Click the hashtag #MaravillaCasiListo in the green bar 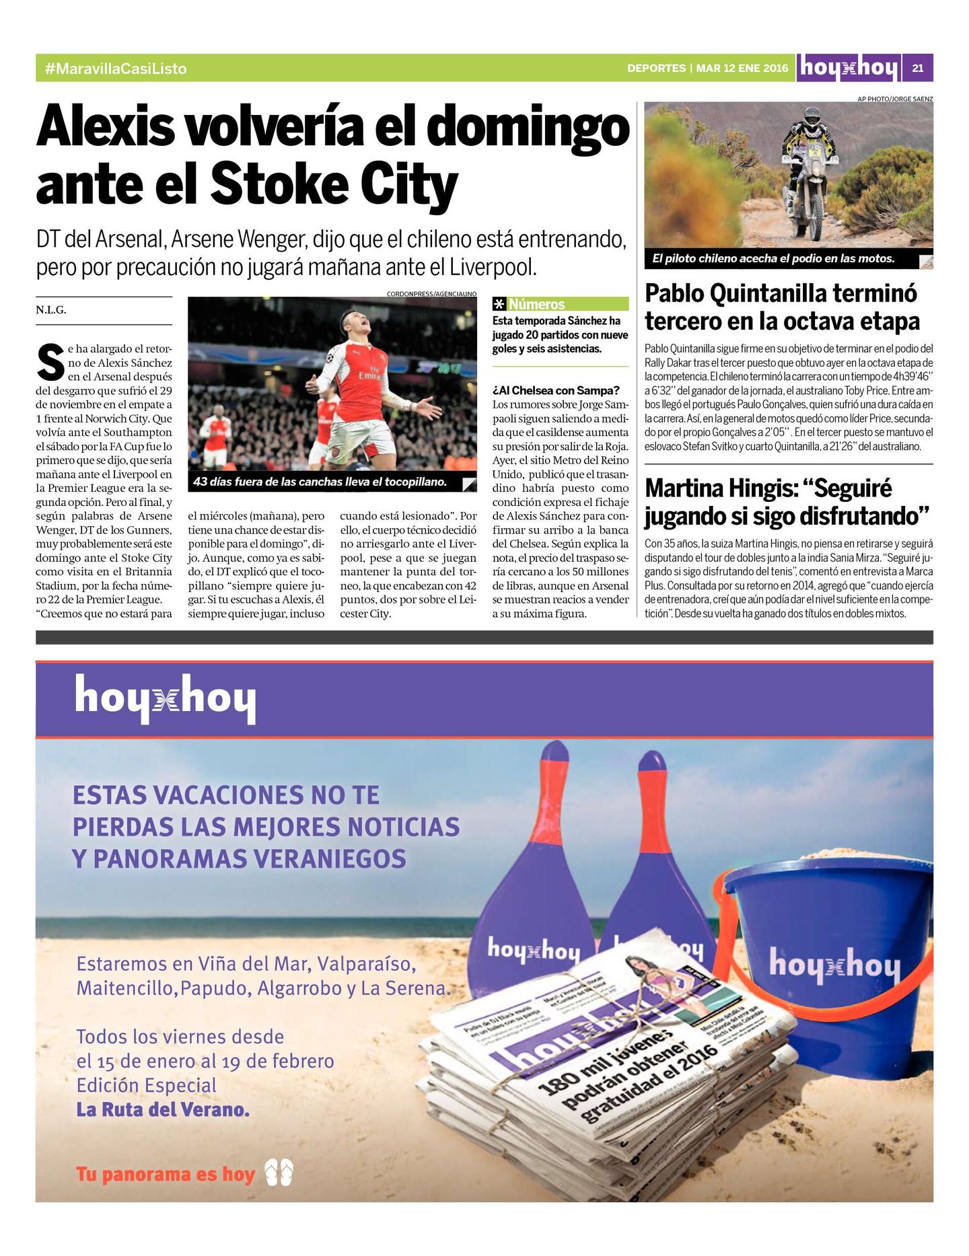[x=115, y=69]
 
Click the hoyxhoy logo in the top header [x=849, y=68]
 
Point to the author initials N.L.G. [x=51, y=310]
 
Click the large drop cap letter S [x=50, y=362]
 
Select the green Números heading [x=536, y=304]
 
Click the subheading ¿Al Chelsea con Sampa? [x=556, y=390]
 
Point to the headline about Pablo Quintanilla [x=781, y=307]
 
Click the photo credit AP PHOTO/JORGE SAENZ [x=894, y=99]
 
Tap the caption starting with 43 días [x=320, y=482]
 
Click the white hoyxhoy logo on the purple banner [x=165, y=699]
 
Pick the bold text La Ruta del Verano [x=163, y=1109]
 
